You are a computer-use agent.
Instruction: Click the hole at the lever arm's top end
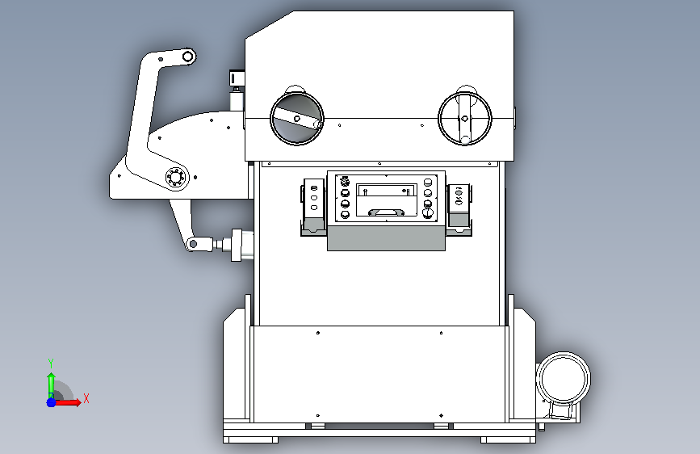pyautogui.click(x=187, y=56)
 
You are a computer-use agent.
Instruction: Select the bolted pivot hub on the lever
pyautogui.click(x=175, y=177)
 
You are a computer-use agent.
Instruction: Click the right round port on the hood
pyautogui.click(x=464, y=118)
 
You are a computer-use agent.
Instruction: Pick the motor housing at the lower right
pyautogui.click(x=564, y=379)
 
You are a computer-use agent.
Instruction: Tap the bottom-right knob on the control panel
pyautogui.click(x=428, y=214)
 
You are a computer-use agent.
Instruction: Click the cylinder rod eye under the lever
pyautogui.click(x=193, y=243)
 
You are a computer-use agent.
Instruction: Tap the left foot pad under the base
pyautogui.click(x=251, y=439)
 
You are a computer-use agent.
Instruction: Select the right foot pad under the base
pyautogui.click(x=507, y=439)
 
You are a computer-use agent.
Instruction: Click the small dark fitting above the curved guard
pyautogui.click(x=237, y=78)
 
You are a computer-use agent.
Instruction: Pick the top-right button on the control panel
pyautogui.click(x=428, y=182)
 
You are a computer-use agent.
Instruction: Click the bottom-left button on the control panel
pyautogui.click(x=346, y=214)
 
